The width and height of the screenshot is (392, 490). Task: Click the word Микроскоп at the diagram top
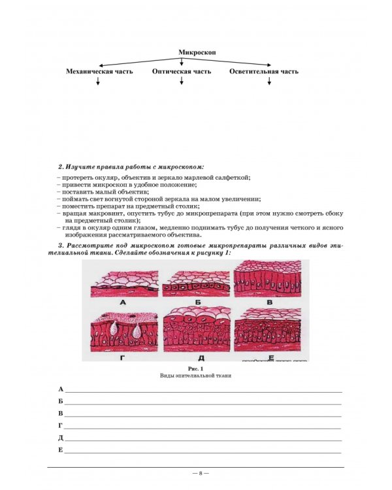pyautogui.click(x=197, y=52)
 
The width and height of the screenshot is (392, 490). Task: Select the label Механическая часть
pyautogui.click(x=98, y=71)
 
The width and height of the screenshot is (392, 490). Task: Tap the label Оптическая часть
pyautogui.click(x=182, y=71)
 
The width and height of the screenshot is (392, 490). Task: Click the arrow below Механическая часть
pyautogui.click(x=98, y=82)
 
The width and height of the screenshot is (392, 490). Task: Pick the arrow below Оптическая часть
pyautogui.click(x=182, y=82)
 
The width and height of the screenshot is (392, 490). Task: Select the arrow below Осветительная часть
pyautogui.click(x=268, y=82)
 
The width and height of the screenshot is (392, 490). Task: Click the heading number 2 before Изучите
pyautogui.click(x=61, y=167)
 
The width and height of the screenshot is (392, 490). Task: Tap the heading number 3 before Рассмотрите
pyautogui.click(x=61, y=244)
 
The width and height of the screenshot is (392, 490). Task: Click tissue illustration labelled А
pyautogui.click(x=123, y=282)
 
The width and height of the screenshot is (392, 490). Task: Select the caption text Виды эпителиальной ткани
pyautogui.click(x=197, y=376)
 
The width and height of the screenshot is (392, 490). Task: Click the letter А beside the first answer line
pyautogui.click(x=60, y=389)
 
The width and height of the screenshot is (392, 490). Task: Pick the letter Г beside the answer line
pyautogui.click(x=60, y=425)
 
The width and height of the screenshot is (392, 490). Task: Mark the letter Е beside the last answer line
pyautogui.click(x=60, y=450)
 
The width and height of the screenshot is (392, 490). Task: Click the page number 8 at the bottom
pyautogui.click(x=196, y=472)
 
